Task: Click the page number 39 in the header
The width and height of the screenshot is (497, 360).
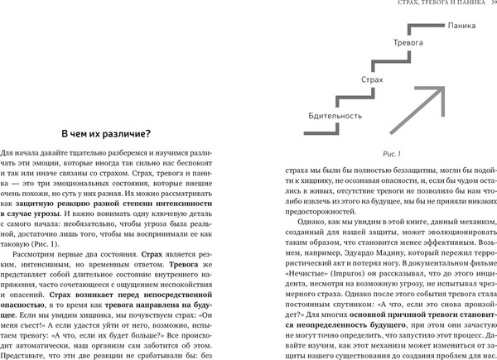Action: tap(491, 7)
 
